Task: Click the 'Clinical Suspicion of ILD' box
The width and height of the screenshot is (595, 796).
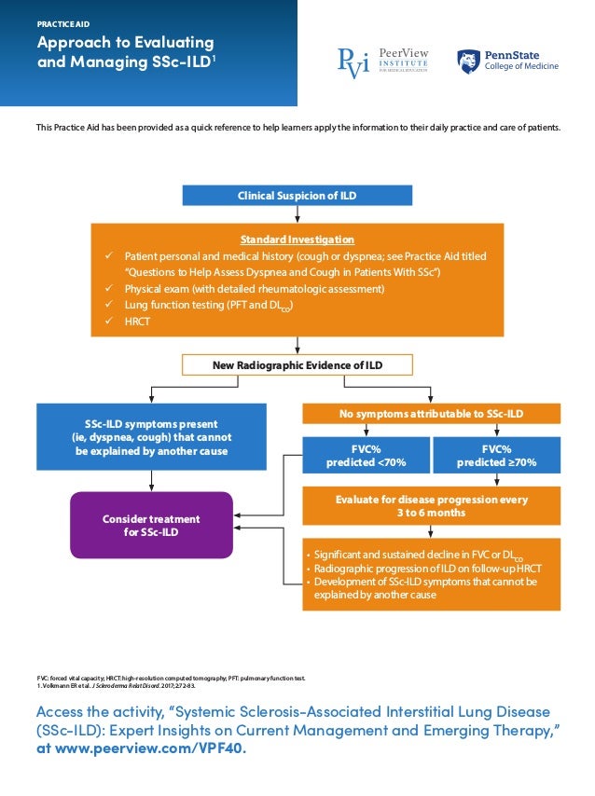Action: pos(297,196)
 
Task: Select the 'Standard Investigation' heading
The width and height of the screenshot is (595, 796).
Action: pos(297,240)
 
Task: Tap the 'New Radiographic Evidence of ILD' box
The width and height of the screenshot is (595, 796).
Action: pos(297,364)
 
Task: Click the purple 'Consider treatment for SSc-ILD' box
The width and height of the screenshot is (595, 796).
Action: pos(151,525)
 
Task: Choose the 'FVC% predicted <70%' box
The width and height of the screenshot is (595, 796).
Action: pos(366,454)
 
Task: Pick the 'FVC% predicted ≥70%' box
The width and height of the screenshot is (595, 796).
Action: pos(497,454)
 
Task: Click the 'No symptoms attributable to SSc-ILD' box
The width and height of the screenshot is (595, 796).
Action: pos(431,413)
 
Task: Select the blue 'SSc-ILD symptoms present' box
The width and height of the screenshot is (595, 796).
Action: pos(151,436)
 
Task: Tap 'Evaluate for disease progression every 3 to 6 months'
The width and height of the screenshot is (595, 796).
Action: pos(431,505)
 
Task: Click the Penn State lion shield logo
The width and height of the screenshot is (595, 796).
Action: pos(468,62)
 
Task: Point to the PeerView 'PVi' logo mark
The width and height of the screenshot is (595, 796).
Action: pos(353,62)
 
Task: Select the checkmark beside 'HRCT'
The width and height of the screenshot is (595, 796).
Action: pos(110,321)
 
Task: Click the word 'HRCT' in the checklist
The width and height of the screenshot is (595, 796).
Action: pos(138,321)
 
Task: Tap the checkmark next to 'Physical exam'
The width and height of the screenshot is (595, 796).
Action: pos(110,289)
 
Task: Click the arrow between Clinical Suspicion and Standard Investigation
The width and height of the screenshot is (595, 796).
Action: pos(297,213)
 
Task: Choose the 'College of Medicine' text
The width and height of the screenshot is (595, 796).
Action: pos(521,67)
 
